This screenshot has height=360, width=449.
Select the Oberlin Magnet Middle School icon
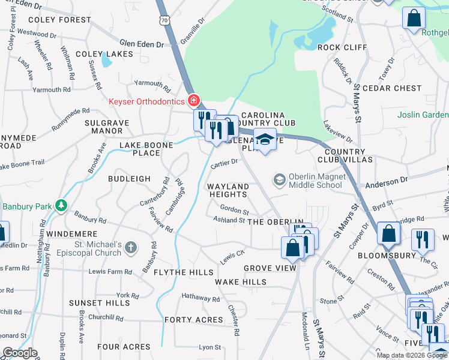pyautogui.click(x=279, y=179)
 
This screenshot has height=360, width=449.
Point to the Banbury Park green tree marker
pyautogui.click(x=61, y=206)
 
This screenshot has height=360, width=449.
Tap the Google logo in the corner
pyautogui.click(x=20, y=353)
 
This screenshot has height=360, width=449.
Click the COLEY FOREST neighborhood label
pyautogui.click(x=50, y=20)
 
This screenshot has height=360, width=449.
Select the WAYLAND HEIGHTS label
pyautogui.click(x=228, y=190)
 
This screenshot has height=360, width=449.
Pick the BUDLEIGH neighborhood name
pyautogui.click(x=129, y=179)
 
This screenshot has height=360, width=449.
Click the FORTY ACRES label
pyautogui.click(x=194, y=320)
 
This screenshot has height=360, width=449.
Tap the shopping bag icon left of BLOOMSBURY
pyautogui.click(x=389, y=234)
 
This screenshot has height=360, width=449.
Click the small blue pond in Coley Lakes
pyautogui.click(x=106, y=59)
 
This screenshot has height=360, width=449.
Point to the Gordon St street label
pyautogui.click(x=234, y=211)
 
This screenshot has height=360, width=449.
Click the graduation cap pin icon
pyautogui.click(x=264, y=140)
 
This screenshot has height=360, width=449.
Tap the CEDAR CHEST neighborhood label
pyautogui.click(x=392, y=88)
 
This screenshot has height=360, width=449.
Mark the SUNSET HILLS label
pyautogui.click(x=99, y=303)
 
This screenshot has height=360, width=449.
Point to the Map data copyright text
pyautogui.click(x=412, y=355)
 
